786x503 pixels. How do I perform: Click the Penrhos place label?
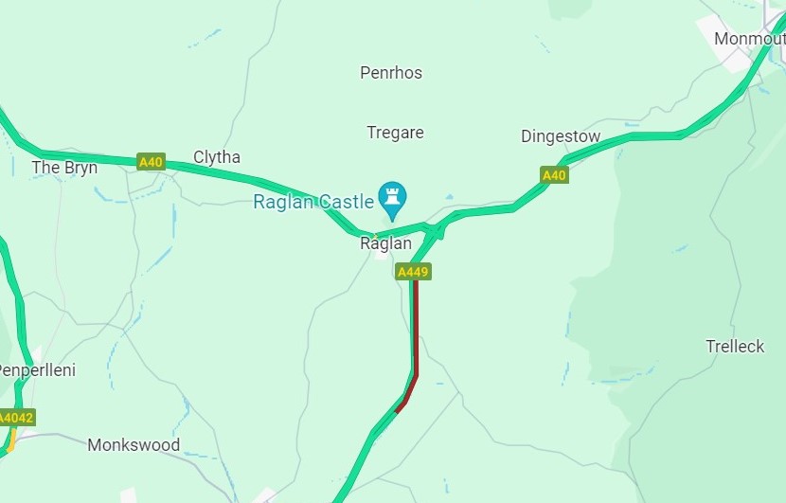click(x=391, y=73)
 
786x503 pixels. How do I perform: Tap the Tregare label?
click(x=395, y=133)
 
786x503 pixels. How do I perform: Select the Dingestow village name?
click(x=561, y=136)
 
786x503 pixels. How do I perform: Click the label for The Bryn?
click(x=64, y=168)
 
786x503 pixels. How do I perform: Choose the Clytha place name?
click(x=217, y=157)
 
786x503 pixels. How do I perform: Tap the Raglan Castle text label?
click(x=313, y=202)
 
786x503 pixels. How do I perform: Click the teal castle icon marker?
click(x=391, y=197)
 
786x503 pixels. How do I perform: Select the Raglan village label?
click(x=386, y=243)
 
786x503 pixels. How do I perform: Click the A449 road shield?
click(x=414, y=272)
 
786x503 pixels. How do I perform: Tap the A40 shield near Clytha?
click(x=151, y=162)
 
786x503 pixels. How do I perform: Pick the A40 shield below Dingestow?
click(x=554, y=175)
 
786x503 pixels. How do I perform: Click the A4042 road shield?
click(x=15, y=418)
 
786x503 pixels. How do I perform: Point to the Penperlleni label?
click(x=36, y=369)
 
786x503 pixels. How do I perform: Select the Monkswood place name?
click(x=134, y=444)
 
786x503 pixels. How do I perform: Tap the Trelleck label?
click(x=735, y=347)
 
